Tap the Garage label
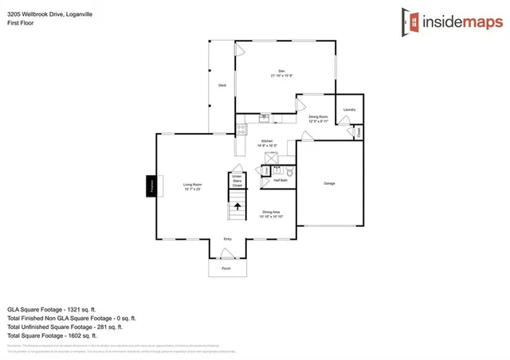tap(329, 184)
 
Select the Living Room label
tap(192, 186)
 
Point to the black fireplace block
tap(150, 186)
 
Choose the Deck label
tap(222, 85)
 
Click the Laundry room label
tap(348, 110)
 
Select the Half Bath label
tap(280, 181)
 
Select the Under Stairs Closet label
tap(237, 180)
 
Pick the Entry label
tap(227, 239)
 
